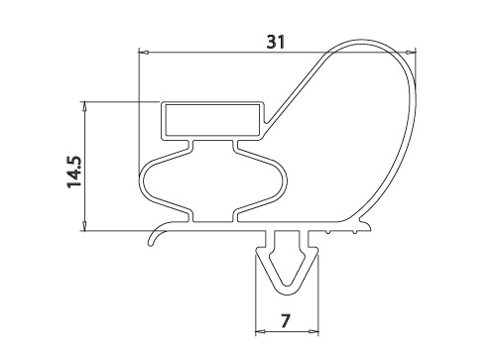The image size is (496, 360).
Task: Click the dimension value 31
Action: click(x=276, y=42)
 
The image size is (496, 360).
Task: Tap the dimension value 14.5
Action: click(x=74, y=172)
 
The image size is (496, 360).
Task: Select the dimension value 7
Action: click(x=286, y=320)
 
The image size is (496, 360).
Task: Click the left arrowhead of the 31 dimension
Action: click(x=143, y=53)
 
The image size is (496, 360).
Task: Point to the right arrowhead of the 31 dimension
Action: click(x=411, y=53)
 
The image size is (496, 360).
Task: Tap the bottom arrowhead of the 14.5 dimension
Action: click(x=85, y=226)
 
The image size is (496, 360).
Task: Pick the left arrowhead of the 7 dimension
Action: click(x=261, y=331)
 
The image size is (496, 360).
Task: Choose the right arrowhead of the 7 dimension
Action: click(x=313, y=331)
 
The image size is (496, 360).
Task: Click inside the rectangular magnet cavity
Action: click(x=212, y=120)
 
